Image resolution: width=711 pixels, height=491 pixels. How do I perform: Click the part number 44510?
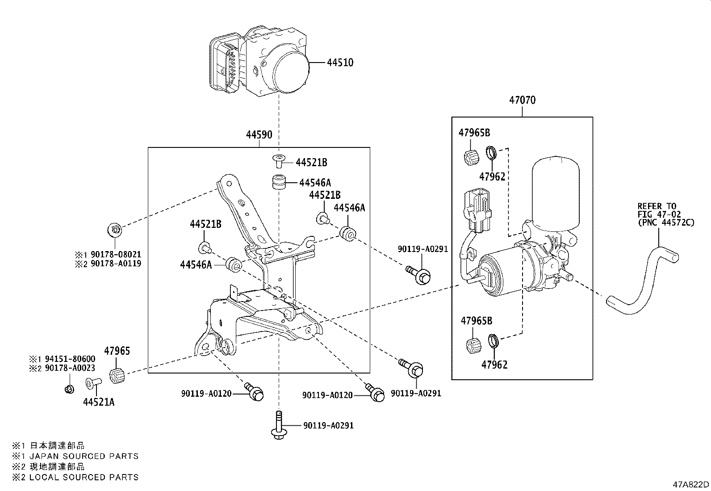(x=340, y=62)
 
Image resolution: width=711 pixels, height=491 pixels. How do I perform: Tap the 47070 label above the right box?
(x=522, y=100)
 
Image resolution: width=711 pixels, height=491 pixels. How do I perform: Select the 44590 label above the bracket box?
(x=259, y=134)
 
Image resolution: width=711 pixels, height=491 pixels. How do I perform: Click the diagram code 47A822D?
(x=691, y=484)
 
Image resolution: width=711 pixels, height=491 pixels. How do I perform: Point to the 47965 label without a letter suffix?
(x=117, y=351)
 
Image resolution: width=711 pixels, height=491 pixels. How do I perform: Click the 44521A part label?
(x=99, y=402)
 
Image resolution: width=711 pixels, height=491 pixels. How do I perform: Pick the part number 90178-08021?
(x=116, y=254)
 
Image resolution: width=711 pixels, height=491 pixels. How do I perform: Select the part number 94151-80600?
(x=70, y=359)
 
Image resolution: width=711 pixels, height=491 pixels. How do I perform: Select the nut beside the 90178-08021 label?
(x=115, y=230)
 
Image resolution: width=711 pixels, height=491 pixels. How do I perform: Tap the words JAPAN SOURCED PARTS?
(x=84, y=456)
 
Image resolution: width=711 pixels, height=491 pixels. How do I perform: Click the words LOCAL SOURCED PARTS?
(x=84, y=477)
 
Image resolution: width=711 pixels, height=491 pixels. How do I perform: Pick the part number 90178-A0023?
(x=70, y=368)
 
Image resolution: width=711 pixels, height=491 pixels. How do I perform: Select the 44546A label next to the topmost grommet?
(x=315, y=183)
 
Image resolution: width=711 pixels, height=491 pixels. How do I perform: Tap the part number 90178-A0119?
(x=116, y=263)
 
